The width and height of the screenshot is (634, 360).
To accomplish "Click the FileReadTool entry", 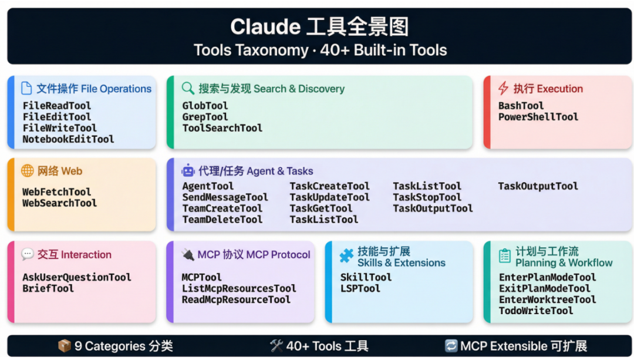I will (57, 106).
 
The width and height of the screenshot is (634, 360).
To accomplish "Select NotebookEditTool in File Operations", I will (68, 139).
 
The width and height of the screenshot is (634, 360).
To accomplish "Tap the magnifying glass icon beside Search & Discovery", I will (188, 89).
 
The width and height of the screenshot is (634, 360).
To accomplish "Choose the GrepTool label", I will (205, 117).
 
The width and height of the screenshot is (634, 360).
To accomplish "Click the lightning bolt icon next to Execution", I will (503, 89).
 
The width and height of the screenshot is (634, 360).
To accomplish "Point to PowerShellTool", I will (538, 117).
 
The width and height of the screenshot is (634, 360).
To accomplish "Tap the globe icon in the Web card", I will (28, 171).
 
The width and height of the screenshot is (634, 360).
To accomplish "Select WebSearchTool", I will (59, 203).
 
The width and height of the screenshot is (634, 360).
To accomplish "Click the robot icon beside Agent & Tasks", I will (188, 171).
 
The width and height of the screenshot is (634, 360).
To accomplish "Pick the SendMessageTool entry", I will (225, 197).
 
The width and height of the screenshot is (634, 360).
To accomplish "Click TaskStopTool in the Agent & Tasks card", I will (427, 197).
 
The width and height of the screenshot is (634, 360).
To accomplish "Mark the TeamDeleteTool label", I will (222, 220).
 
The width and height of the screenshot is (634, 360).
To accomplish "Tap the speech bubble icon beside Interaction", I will (28, 254).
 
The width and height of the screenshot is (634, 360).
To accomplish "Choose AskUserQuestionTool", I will (76, 277).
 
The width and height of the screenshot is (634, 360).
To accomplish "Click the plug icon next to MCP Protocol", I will (188, 254).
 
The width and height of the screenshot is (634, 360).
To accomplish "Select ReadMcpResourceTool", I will (236, 300).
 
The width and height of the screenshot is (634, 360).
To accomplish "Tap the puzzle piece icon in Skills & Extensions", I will (347, 257).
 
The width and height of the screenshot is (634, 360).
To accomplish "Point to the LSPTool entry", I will (360, 288).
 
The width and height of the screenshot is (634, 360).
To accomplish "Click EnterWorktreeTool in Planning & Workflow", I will (547, 300).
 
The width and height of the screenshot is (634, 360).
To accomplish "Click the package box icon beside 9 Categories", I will (64, 346).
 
